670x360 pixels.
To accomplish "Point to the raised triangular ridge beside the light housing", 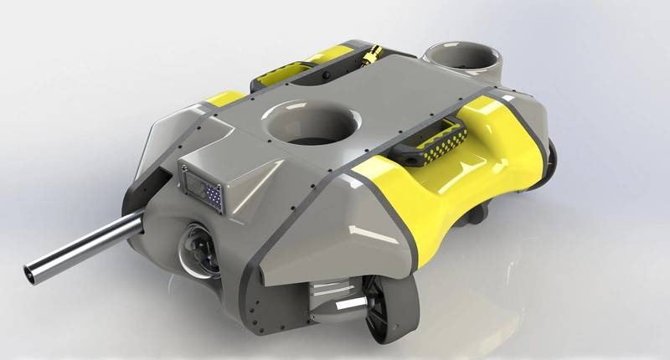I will pyautogui.click(x=255, y=175).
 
